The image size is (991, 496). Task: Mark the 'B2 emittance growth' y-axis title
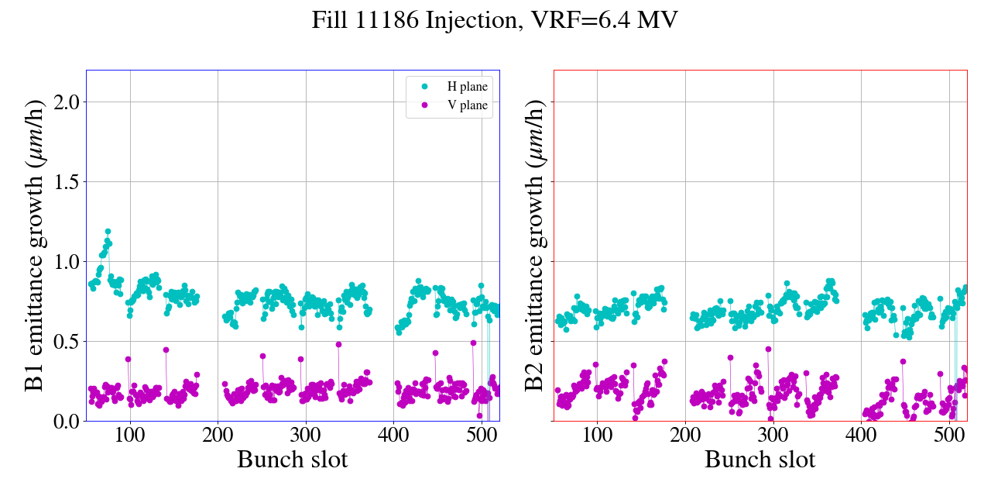(534, 246)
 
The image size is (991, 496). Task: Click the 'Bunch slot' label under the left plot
(293, 460)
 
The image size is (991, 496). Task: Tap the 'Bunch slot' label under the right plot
(760, 460)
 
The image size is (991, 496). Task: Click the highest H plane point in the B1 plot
(108, 231)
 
